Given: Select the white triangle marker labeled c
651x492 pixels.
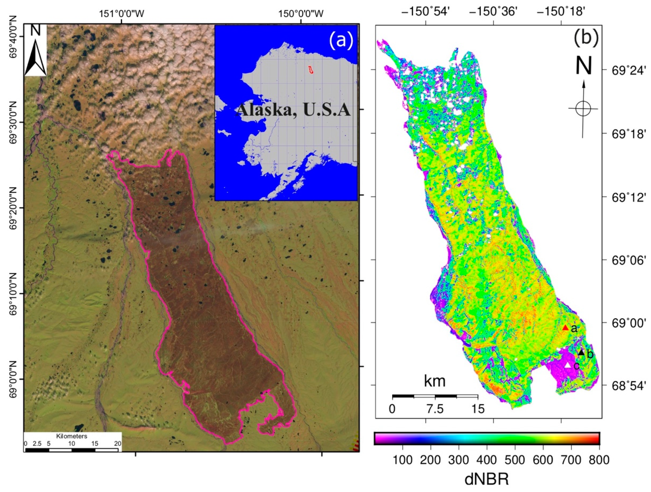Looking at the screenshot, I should [568, 366].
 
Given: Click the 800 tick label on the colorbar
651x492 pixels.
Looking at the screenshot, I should [599, 460].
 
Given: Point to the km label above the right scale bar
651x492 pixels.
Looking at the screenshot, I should [434, 381].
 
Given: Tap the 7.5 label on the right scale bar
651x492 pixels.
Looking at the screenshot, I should [435, 409].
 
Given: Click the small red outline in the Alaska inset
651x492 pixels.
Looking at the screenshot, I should [310, 70].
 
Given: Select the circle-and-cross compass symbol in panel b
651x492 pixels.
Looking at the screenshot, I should [583, 109].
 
